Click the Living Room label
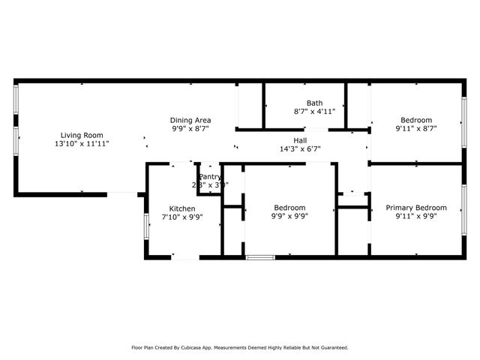pyautogui.click(x=82, y=135)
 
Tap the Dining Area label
pyautogui.click(x=190, y=120)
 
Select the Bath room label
pyautogui.click(x=314, y=103)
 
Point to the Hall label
pyautogui.click(x=300, y=140)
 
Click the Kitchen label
pyautogui.click(x=182, y=208)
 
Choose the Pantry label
pyautogui.click(x=209, y=177)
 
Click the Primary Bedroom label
pyautogui.click(x=415, y=208)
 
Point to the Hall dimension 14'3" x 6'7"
pyautogui.click(x=300, y=148)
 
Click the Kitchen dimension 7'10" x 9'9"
pyautogui.click(x=182, y=217)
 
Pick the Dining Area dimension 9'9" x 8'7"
pyautogui.click(x=190, y=128)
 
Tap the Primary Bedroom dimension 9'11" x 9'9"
pyautogui.click(x=415, y=216)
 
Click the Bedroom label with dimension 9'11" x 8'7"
pyautogui.click(x=415, y=120)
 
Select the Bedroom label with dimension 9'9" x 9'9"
pyautogui.click(x=289, y=208)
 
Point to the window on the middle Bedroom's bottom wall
pyautogui.click(x=260, y=258)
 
